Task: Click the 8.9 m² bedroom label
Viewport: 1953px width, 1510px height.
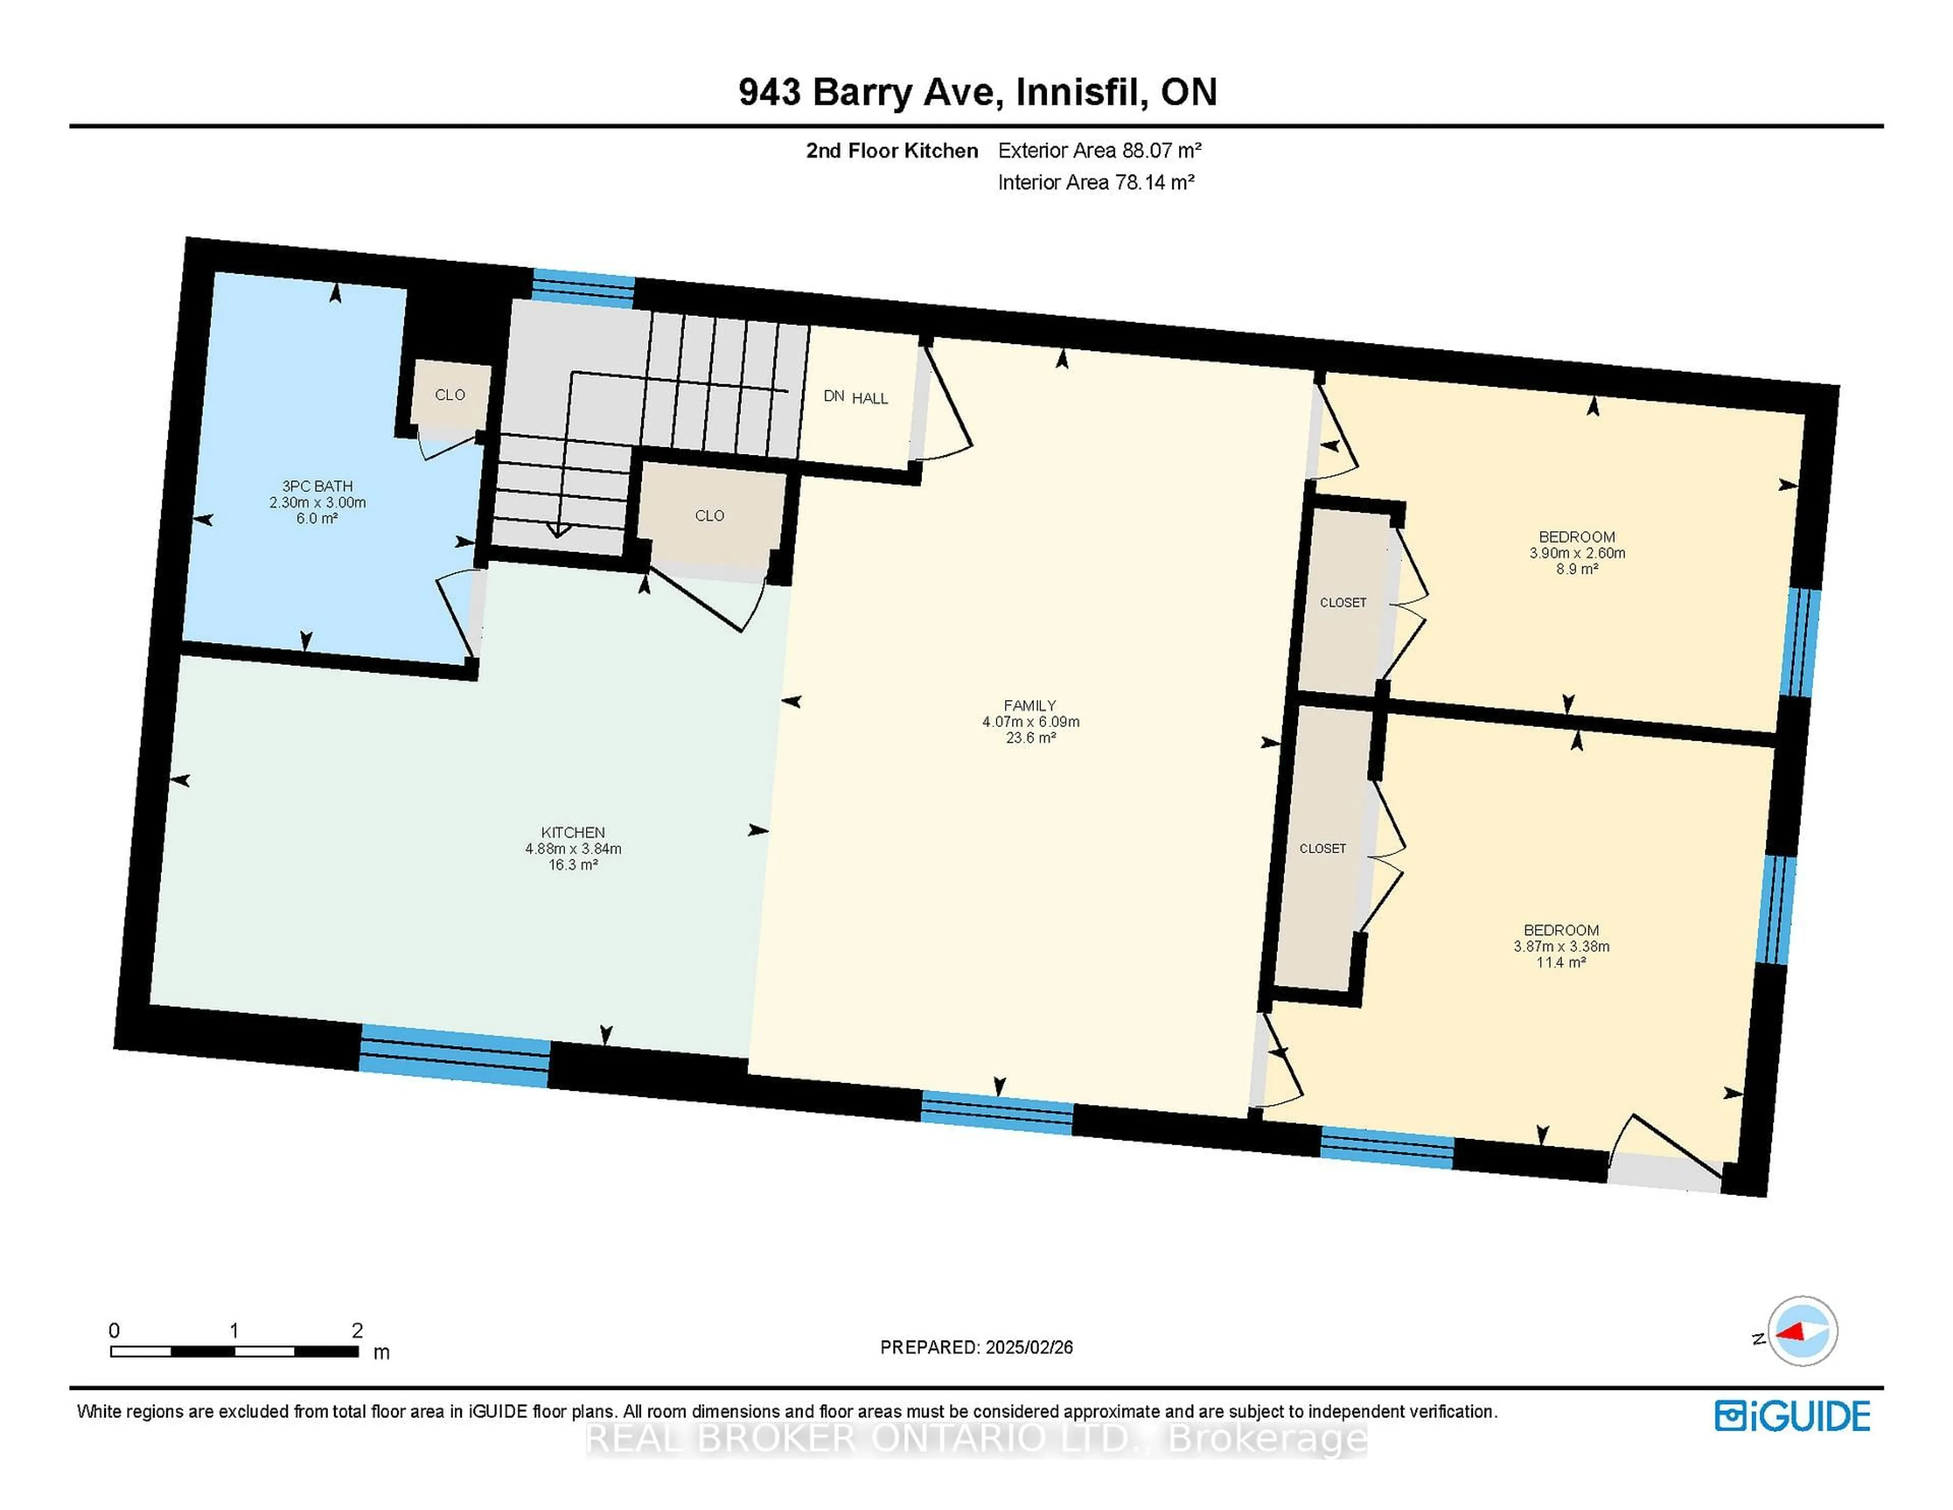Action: click(1577, 552)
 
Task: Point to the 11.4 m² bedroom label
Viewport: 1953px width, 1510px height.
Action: click(1561, 946)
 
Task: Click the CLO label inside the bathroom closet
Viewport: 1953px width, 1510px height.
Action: click(450, 394)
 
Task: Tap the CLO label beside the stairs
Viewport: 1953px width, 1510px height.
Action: click(709, 515)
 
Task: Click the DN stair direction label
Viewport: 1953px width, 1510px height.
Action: click(834, 395)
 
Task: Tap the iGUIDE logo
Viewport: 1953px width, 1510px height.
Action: click(1792, 1416)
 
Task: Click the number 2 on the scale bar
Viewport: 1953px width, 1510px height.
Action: click(357, 1330)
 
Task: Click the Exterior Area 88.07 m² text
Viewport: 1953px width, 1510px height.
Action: click(1099, 150)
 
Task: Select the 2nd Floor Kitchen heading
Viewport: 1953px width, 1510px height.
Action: click(892, 150)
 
